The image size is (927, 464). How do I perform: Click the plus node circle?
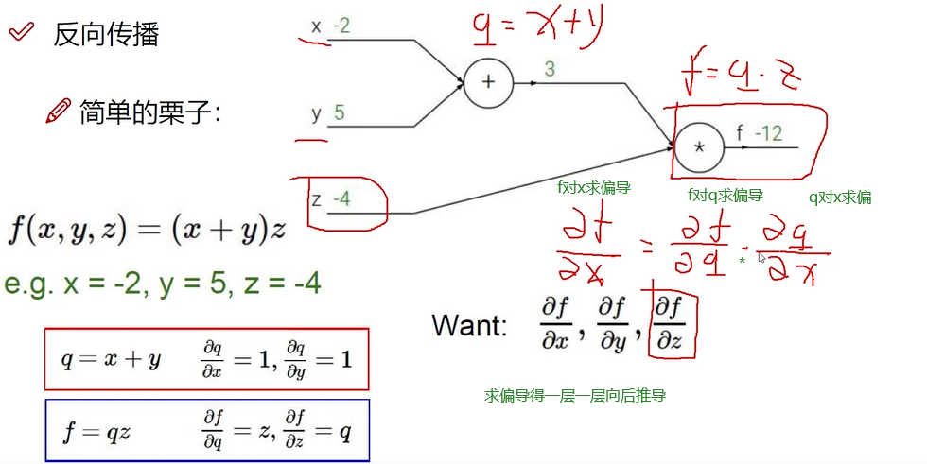pyautogui.click(x=488, y=82)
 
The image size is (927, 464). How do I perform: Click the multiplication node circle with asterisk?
pyautogui.click(x=700, y=147)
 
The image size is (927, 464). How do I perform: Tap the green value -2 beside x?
pyautogui.click(x=341, y=26)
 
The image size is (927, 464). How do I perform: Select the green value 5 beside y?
pyautogui.click(x=339, y=113)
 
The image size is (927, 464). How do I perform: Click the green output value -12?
pyautogui.click(x=767, y=133)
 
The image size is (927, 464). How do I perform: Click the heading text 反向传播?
pyautogui.click(x=106, y=35)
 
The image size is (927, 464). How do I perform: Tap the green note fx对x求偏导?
pyautogui.click(x=593, y=188)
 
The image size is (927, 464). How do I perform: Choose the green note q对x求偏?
pyautogui.click(x=839, y=198)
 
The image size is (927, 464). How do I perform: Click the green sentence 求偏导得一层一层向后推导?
pyautogui.click(x=575, y=395)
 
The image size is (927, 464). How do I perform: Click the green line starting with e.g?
pyautogui.click(x=163, y=283)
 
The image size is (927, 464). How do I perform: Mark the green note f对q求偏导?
pyautogui.click(x=726, y=196)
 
